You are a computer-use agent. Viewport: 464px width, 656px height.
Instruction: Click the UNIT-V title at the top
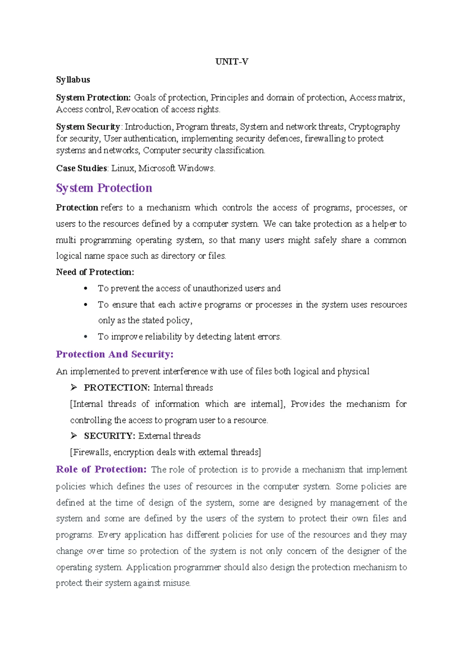click(232, 62)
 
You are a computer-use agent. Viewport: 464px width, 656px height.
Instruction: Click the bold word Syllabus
click(73, 80)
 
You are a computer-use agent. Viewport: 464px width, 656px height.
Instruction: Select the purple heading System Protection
click(104, 188)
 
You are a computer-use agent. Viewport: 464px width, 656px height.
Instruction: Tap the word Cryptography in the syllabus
click(374, 127)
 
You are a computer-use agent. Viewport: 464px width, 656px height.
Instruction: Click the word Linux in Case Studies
click(123, 168)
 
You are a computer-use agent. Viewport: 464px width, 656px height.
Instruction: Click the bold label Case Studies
click(82, 168)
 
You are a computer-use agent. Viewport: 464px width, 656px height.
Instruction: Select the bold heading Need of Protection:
click(95, 272)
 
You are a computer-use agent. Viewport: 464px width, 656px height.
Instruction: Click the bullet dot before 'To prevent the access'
click(85, 289)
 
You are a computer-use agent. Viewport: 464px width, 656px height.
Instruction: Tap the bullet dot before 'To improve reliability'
click(85, 337)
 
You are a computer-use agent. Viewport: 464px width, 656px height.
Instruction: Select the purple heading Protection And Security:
click(114, 354)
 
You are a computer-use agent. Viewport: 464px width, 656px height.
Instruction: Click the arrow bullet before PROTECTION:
click(74, 387)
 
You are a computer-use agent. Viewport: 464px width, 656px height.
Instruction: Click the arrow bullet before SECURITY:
click(74, 436)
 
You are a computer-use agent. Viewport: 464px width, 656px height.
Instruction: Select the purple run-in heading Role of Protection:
click(101, 469)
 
